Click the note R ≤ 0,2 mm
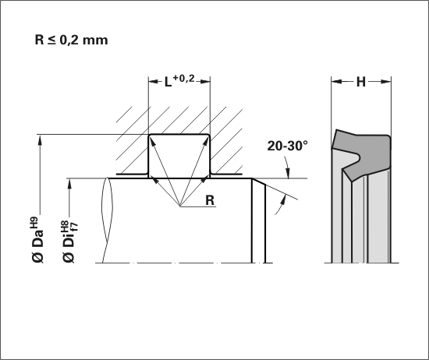(x=71, y=40)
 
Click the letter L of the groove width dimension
(x=168, y=82)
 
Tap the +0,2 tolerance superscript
(x=183, y=79)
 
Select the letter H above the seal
(x=361, y=82)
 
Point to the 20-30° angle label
(x=287, y=146)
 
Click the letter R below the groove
(x=210, y=200)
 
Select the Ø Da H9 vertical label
(x=37, y=240)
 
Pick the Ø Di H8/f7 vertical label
(x=69, y=242)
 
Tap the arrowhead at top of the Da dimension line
(x=40, y=139)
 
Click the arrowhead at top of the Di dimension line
(x=69, y=183)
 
